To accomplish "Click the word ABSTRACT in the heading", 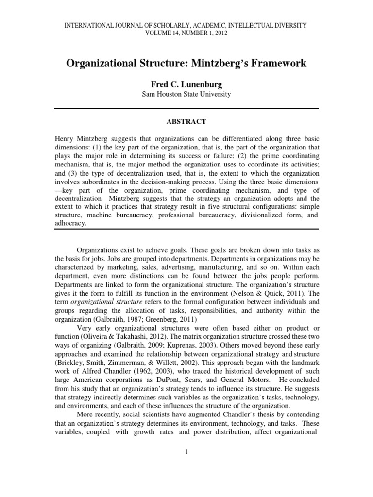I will pyautogui.click(x=186, y=122).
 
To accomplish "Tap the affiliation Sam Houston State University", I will pyautogui.click(x=186, y=94).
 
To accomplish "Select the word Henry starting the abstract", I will pyautogui.click(x=65, y=139).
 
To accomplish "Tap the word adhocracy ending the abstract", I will pyautogui.click(x=71, y=223).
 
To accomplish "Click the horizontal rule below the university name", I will pyautogui.click(x=186, y=108).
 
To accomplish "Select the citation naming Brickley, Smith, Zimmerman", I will pyautogui.click(x=126, y=351).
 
